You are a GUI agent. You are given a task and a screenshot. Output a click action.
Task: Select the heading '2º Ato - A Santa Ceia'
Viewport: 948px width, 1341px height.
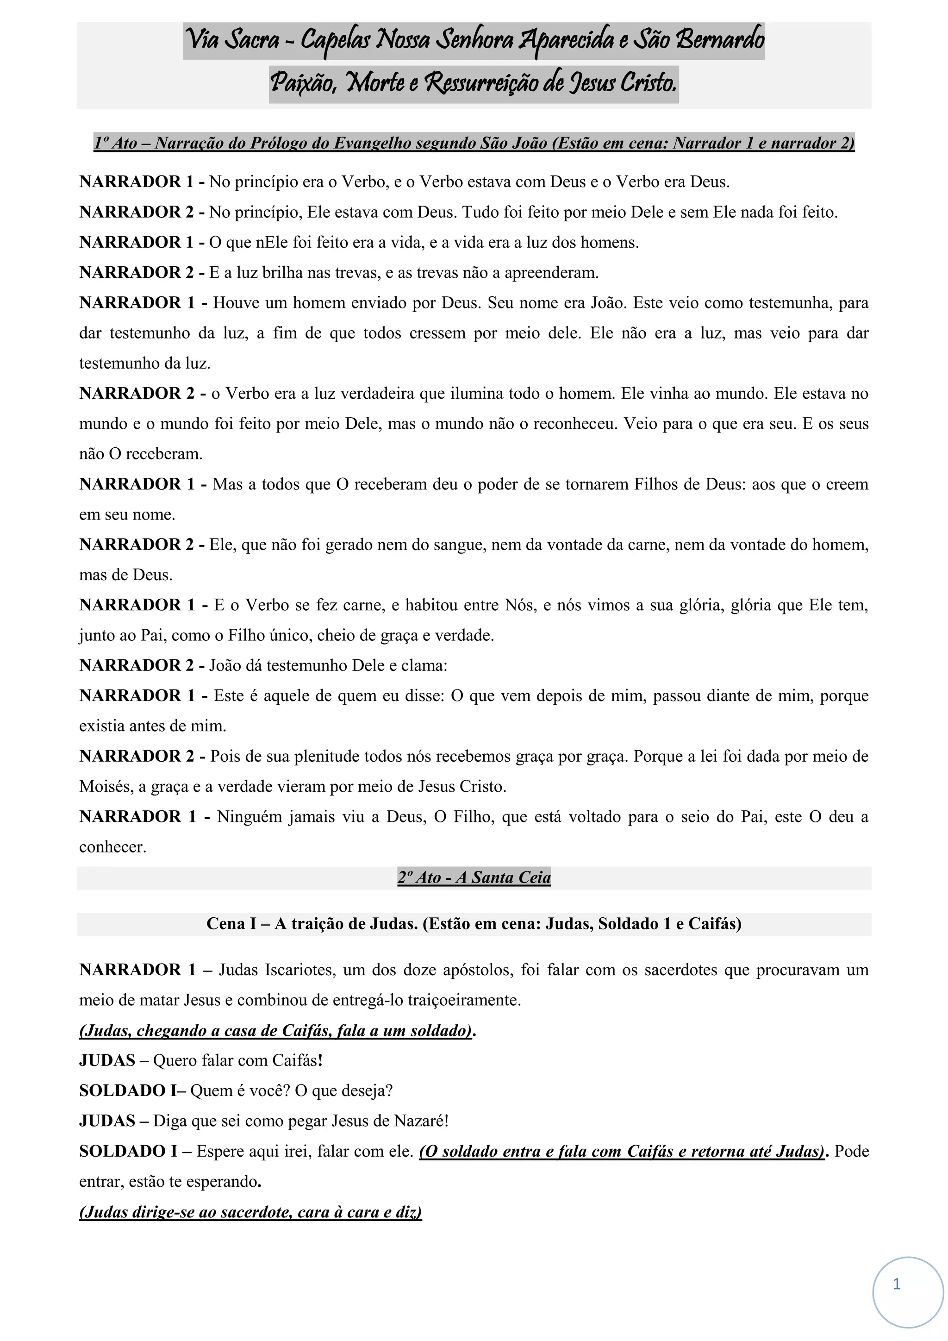point(474,877)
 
